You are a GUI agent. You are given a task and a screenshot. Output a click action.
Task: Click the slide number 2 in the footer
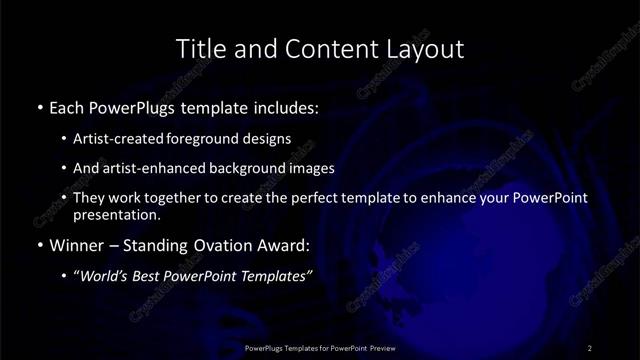click(590, 347)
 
